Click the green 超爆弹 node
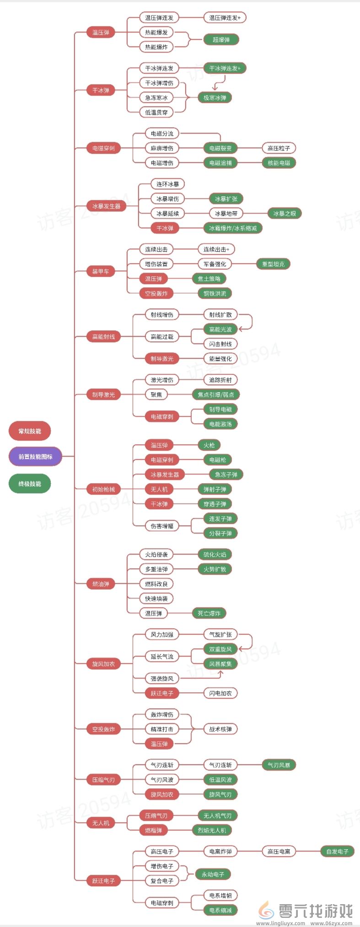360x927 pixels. tap(221, 40)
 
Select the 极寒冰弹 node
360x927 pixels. tap(215, 97)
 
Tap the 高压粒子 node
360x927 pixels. tap(279, 148)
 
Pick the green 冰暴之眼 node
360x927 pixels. tap(285, 214)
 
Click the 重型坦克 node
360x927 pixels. tap(273, 264)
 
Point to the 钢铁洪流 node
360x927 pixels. tap(215, 293)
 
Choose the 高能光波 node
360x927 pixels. tap(220, 329)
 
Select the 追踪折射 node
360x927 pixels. tap(220, 380)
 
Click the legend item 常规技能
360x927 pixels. tap(30, 431)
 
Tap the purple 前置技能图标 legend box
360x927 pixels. tap(35, 457)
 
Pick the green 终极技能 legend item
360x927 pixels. tap(30, 484)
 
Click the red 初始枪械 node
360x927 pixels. tap(104, 489)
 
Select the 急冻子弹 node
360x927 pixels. tap(226, 474)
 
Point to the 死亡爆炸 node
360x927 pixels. tap(209, 613)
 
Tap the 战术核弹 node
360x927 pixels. tap(220, 729)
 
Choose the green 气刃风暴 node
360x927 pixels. tap(279, 765)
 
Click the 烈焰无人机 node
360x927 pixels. tap(212, 830)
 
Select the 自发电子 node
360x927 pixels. tap(338, 852)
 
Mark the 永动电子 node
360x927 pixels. tap(213, 874)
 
